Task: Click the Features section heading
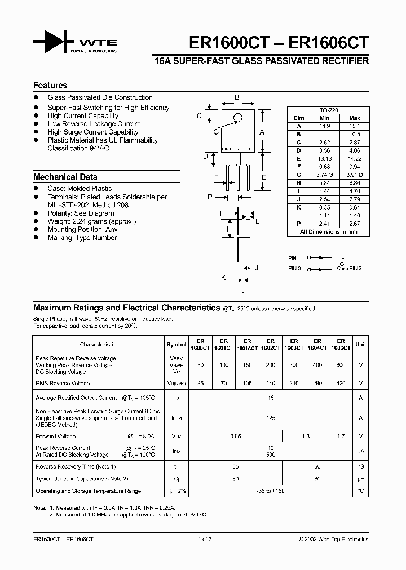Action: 50,86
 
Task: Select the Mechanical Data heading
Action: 65,177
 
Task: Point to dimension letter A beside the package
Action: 262,132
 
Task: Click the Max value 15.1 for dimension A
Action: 355,126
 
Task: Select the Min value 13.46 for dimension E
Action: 324,159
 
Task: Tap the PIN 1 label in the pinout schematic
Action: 294,257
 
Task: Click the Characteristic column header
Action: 98,344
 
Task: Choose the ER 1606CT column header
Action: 341,345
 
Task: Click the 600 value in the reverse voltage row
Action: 341,365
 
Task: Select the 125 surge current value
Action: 271,418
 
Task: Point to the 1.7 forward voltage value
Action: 341,437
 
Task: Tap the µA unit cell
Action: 360,451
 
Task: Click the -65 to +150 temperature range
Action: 271,491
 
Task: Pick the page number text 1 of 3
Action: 205,539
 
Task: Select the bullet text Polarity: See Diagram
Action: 81,213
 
